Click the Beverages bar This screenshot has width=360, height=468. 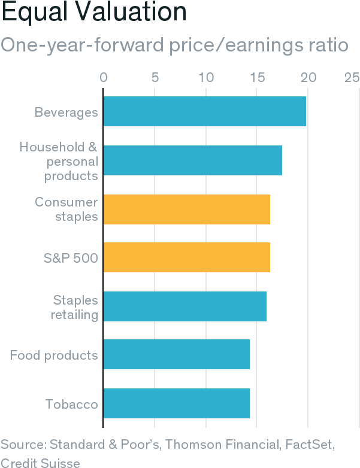click(205, 111)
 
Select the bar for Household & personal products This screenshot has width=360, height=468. click(193, 160)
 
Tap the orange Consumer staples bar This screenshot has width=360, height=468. click(187, 209)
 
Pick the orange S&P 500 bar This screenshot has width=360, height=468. click(187, 257)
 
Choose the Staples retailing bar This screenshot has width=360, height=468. click(185, 306)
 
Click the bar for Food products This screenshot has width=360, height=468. click(177, 355)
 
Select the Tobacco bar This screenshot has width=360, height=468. click(177, 403)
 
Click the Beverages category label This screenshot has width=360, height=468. click(66, 112)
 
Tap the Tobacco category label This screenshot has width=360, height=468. click(71, 404)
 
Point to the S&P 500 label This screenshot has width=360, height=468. click(71, 258)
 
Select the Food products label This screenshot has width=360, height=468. click(54, 355)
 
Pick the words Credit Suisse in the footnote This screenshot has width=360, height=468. click(40, 461)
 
